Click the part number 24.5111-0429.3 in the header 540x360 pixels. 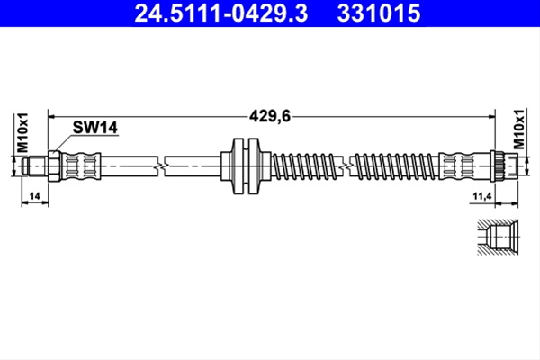(220, 13)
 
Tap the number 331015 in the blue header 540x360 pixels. (379, 13)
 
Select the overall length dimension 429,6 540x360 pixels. (270, 116)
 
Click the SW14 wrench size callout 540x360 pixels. (95, 128)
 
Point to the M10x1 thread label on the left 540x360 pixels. (22, 132)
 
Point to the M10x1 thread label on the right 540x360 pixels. (519, 130)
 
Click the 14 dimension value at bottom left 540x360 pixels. (35, 196)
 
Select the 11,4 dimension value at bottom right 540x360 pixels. (482, 196)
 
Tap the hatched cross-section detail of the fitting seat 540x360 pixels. (498, 237)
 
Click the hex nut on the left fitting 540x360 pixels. (54, 166)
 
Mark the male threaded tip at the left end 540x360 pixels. (35, 166)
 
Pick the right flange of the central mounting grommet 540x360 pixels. (254, 166)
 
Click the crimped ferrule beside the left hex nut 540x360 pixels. (81, 166)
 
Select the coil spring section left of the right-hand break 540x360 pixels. (307, 166)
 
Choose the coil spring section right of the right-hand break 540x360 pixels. (395, 166)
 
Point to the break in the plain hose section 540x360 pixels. (161, 166)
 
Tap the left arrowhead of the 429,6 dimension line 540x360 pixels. (51, 117)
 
